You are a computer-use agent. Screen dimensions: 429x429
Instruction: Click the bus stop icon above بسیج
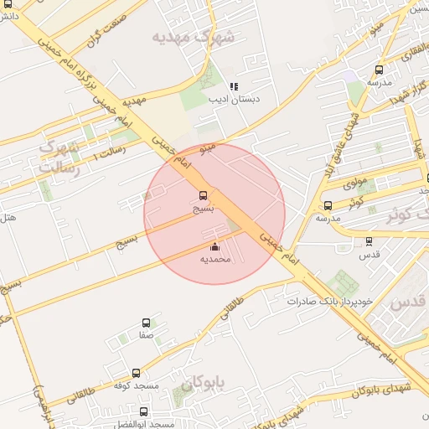204,196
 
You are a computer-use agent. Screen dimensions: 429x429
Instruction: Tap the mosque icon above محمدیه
214,246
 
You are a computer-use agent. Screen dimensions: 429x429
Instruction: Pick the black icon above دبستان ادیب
235,86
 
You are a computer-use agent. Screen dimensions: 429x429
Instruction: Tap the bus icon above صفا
147,323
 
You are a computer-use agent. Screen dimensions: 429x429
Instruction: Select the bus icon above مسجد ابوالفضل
144,411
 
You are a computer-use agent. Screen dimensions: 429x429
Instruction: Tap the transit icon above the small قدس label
369,240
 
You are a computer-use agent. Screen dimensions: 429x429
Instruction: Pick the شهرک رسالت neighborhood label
59,158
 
